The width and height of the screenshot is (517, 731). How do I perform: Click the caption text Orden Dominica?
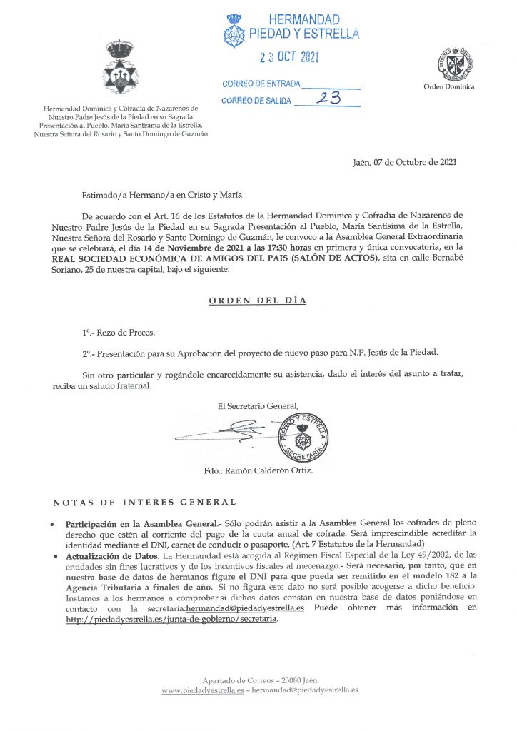click(x=449, y=87)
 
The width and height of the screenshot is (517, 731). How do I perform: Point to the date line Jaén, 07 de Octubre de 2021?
click(x=405, y=163)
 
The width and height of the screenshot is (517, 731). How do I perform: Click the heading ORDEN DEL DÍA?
click(x=258, y=301)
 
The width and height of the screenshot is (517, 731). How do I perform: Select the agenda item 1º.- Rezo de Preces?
click(x=118, y=333)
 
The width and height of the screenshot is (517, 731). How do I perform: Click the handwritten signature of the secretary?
click(x=225, y=431)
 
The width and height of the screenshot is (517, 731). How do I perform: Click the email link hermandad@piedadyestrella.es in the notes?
click(x=246, y=608)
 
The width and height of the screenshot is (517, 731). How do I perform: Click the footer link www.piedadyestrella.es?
click(x=203, y=690)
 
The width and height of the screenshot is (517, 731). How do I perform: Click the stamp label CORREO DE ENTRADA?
click(x=261, y=84)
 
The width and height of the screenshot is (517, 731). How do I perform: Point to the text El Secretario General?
click(x=258, y=406)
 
